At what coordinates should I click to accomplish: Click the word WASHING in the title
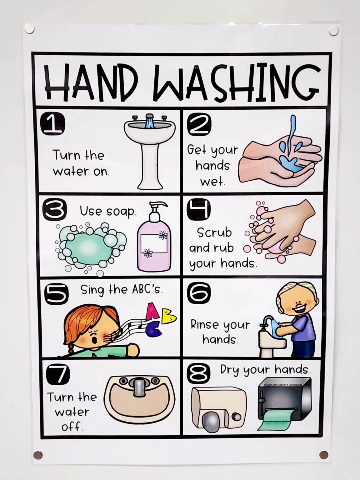(237, 82)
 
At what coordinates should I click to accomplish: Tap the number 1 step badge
(52, 124)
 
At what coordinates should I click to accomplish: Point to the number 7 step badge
(58, 374)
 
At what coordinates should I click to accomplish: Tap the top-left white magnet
(29, 28)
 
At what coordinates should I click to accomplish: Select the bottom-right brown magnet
(323, 454)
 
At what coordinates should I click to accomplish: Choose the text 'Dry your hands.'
(265, 370)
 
